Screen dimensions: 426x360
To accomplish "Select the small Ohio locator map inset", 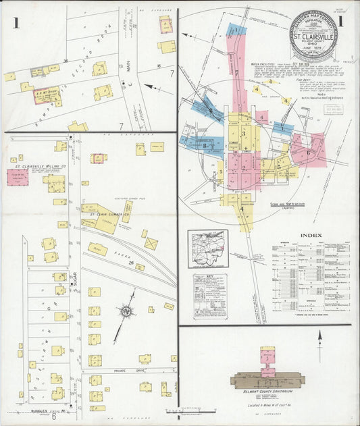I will point(208,249).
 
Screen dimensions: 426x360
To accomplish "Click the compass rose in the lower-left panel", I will point(126,311).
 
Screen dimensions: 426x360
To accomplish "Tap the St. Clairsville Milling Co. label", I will point(36,165).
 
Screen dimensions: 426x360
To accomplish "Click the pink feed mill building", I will point(18,178).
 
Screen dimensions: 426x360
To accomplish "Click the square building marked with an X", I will point(151,243).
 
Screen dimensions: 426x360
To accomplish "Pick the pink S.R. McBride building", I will point(46,95).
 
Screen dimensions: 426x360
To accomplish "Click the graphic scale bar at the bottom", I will point(202,410).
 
